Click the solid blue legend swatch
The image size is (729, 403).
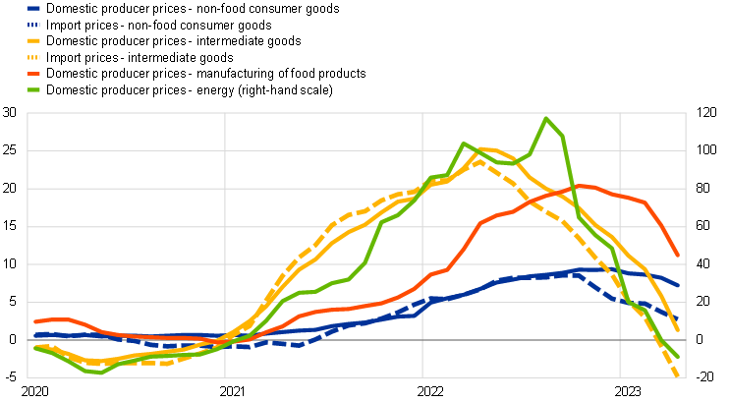pyautogui.click(x=33, y=8)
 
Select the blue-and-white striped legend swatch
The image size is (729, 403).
pyautogui.click(x=33, y=25)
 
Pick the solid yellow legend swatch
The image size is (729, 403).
pyautogui.click(x=33, y=41)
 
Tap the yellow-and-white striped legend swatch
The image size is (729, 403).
pyautogui.click(x=33, y=57)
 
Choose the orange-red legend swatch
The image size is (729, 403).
pyautogui.click(x=33, y=74)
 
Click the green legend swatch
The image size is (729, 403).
pyautogui.click(x=33, y=89)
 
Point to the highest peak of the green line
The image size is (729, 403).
pyautogui.click(x=546, y=118)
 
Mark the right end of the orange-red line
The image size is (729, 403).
pyautogui.click(x=678, y=256)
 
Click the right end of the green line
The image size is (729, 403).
pyautogui.click(x=679, y=357)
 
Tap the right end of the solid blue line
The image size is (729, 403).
pyautogui.click(x=679, y=286)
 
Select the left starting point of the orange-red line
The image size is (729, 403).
pyautogui.click(x=35, y=321)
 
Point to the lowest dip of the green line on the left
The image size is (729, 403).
pyautogui.click(x=98, y=373)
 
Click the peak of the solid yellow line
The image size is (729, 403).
pyautogui.click(x=483, y=148)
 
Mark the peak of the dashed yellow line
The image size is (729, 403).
pyautogui.click(x=478, y=160)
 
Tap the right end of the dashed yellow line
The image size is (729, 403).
pyautogui.click(x=678, y=376)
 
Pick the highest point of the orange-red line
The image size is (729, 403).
pyautogui.click(x=584, y=185)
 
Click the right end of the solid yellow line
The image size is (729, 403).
pyautogui.click(x=679, y=330)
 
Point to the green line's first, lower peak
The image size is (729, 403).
pyautogui.click(x=463, y=144)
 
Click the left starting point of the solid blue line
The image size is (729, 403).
pyautogui.click(x=35, y=335)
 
